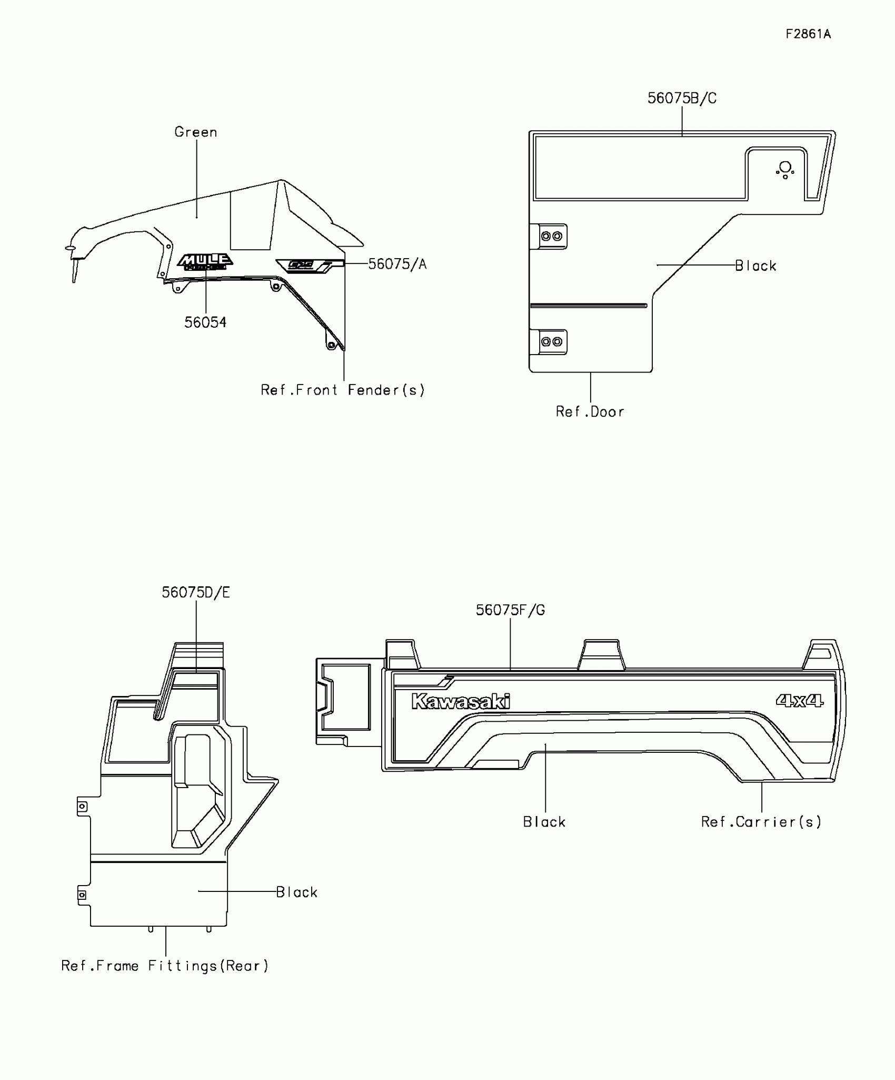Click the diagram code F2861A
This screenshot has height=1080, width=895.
pos(808,34)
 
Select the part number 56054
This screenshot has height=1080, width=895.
pos(205,322)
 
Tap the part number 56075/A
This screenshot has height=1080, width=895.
pos(397,264)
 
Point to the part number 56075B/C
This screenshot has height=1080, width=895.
pos(682,99)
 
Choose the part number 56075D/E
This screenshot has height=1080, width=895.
pos(196,593)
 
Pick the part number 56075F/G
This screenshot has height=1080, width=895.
pos(510,610)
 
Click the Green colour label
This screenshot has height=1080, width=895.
pos(196,132)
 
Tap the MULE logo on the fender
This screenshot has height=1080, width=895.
pos(205,262)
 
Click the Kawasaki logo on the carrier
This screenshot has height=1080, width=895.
pos(461,701)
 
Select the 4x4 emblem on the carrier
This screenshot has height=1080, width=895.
pos(799,701)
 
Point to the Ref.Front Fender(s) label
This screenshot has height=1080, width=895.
pos(343,390)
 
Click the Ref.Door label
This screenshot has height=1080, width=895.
pos(590,412)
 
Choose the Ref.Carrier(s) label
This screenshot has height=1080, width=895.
pos(761,822)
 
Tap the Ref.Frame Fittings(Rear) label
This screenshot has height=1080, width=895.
pos(165,966)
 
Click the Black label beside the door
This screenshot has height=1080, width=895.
pos(755,266)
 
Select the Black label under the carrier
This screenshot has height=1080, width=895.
pos(544,822)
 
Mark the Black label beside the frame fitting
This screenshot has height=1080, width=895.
pos(297,892)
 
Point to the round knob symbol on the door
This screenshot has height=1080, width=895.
pos(785,169)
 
